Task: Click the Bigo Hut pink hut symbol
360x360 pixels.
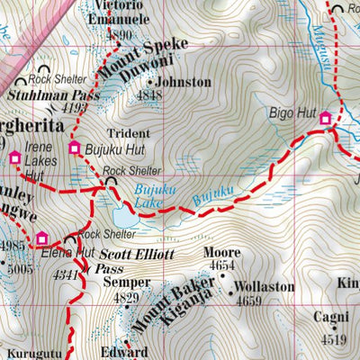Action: click(326, 118)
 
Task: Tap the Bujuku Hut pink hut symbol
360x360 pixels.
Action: click(75, 148)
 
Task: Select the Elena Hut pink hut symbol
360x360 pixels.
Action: click(41, 238)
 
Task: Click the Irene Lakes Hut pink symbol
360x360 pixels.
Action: click(14, 158)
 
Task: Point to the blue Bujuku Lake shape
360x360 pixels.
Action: click(124, 217)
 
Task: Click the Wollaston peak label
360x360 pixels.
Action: click(263, 287)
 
